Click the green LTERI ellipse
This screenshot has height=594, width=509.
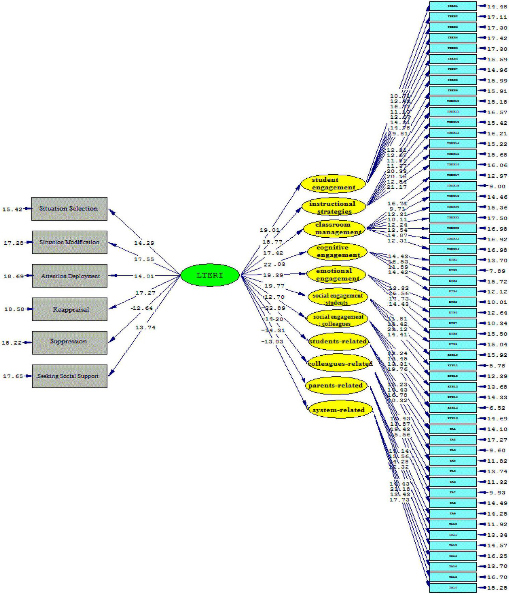(x=210, y=275)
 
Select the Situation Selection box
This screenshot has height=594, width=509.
(x=69, y=209)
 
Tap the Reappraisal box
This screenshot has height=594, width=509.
(x=69, y=309)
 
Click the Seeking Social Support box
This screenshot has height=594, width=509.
(x=69, y=376)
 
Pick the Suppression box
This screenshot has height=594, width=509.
(x=69, y=342)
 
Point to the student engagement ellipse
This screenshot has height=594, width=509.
(x=333, y=184)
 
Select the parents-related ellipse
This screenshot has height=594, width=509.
(x=336, y=385)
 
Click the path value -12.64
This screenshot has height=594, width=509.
(x=141, y=308)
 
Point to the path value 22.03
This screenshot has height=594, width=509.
(x=274, y=264)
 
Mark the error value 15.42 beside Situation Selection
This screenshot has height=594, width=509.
(x=12, y=210)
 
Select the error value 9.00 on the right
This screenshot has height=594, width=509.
(x=497, y=187)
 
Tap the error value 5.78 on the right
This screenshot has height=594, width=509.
(x=497, y=366)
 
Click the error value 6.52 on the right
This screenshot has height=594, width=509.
(x=497, y=408)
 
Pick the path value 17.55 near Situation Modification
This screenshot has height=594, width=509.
(x=144, y=259)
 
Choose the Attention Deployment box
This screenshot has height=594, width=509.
(x=69, y=276)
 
